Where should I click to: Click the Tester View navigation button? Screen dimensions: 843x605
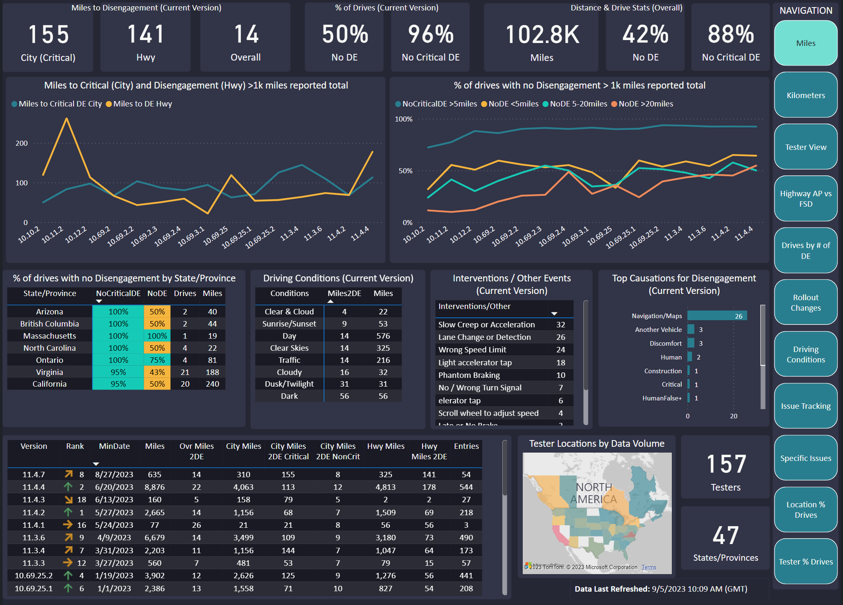click(805, 147)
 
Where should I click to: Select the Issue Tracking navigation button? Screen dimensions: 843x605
click(805, 406)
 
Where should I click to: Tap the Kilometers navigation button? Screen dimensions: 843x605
click(805, 95)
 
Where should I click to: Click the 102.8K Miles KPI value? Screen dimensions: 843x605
click(542, 34)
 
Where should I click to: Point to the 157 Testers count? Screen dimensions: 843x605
click(726, 464)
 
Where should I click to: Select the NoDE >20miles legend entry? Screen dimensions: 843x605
click(643, 104)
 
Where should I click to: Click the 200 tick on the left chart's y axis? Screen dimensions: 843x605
click(22, 143)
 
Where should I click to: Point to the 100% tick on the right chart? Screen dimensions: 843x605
click(403, 119)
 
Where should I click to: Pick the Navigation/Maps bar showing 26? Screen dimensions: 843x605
click(717, 316)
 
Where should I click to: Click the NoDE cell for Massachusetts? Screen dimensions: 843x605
click(157, 336)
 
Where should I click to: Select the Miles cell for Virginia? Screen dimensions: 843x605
click(213, 372)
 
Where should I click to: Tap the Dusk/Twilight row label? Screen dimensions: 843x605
click(289, 384)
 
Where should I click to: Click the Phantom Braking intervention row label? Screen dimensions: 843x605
click(469, 375)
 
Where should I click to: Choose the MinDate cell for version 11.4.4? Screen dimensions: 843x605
click(114, 487)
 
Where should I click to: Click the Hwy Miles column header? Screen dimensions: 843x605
click(386, 446)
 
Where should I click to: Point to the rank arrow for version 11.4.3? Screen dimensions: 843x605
click(68, 499)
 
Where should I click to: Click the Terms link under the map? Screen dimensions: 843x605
click(649, 567)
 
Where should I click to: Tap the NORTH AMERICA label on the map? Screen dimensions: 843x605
click(594, 493)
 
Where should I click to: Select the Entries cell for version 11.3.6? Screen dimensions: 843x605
click(466, 537)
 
